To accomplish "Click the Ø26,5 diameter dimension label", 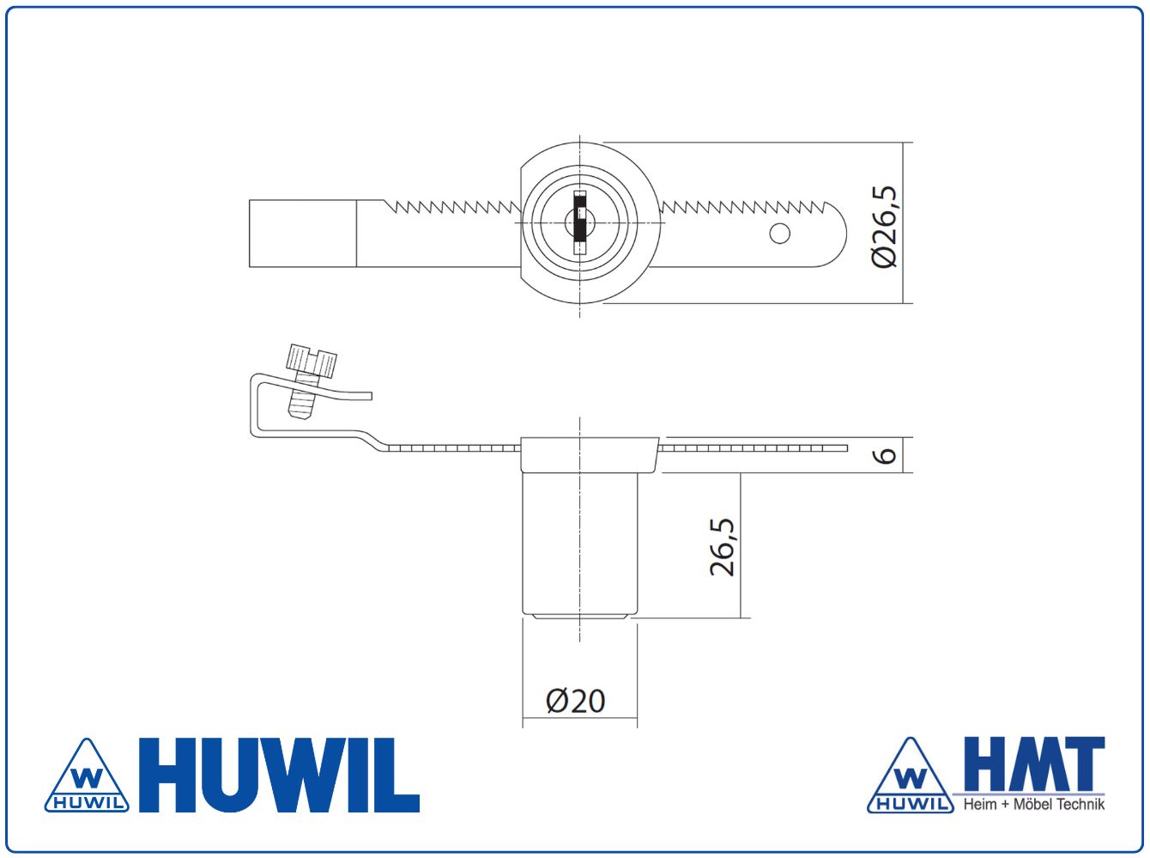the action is coord(885,227).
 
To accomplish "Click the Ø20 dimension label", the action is coord(575,702).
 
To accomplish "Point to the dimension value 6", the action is coord(885,455).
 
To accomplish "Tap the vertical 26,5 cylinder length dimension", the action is coord(722,547).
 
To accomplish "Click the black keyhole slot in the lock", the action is coord(580,222).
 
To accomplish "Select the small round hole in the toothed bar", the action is coord(779,234).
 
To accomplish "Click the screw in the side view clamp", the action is coord(309,380).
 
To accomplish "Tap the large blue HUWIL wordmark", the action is coord(279,776).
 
